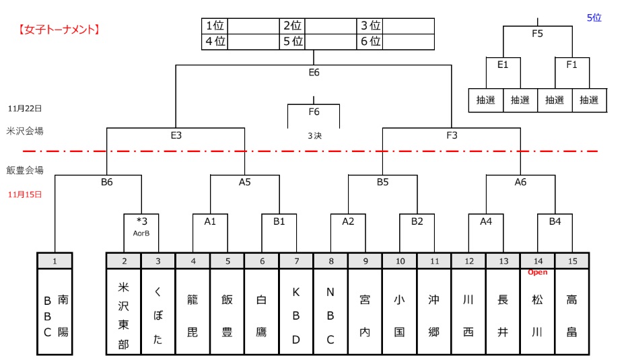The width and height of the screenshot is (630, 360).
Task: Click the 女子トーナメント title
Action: pyautogui.click(x=59, y=30)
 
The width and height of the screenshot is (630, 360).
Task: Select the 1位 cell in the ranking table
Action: pyautogui.click(x=215, y=26)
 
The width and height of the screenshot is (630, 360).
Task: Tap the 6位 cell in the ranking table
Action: pyautogui.click(x=370, y=42)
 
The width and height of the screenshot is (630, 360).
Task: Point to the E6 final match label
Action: pyautogui.click(x=314, y=73)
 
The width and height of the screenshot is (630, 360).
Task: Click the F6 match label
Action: pyautogui.click(x=314, y=112)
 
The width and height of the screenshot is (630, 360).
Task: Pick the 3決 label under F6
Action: pyautogui.click(x=314, y=135)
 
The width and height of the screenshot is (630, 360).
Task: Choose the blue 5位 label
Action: pyautogui.click(x=594, y=18)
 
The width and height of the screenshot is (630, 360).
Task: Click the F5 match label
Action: pyautogui.click(x=538, y=34)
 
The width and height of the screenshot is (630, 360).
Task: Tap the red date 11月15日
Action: pyautogui.click(x=25, y=194)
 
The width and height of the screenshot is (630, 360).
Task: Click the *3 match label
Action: pyautogui.click(x=141, y=221)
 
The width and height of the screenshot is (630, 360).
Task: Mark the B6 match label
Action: pyautogui.click(x=107, y=182)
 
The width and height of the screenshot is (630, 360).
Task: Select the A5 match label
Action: pyautogui.click(x=245, y=182)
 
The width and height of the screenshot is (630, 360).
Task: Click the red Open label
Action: pyautogui.click(x=538, y=273)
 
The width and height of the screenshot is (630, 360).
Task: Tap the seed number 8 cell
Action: pyautogui.click(x=330, y=260)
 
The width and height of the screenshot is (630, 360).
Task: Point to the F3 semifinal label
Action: pyautogui.click(x=452, y=135)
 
